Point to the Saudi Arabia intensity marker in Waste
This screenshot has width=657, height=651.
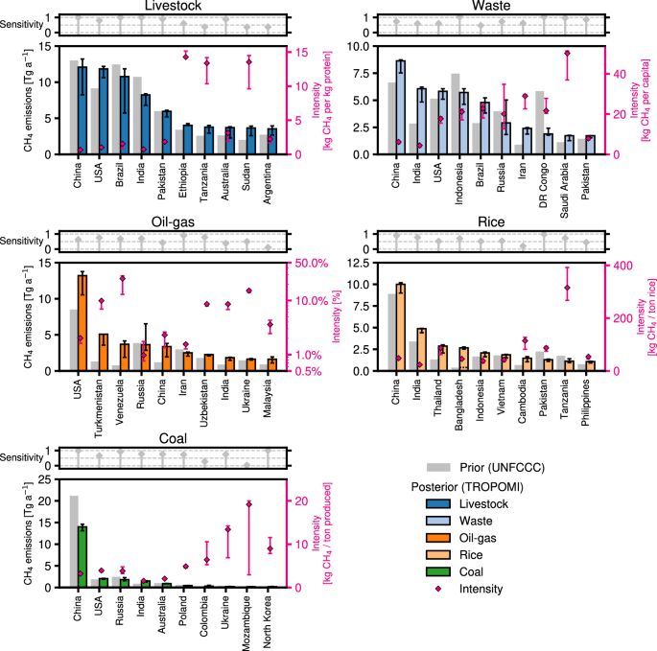pos(567,54)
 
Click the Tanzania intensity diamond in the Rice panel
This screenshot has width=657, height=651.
pos(567,288)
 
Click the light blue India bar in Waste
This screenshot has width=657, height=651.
pos(421,121)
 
